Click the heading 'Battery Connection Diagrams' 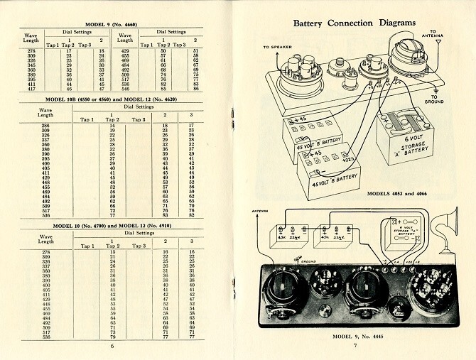[x=354, y=23]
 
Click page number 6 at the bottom [x=112, y=346]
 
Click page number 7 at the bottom [x=354, y=346]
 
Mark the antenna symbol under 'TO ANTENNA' [x=438, y=43]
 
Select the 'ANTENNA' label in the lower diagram [x=261, y=211]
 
